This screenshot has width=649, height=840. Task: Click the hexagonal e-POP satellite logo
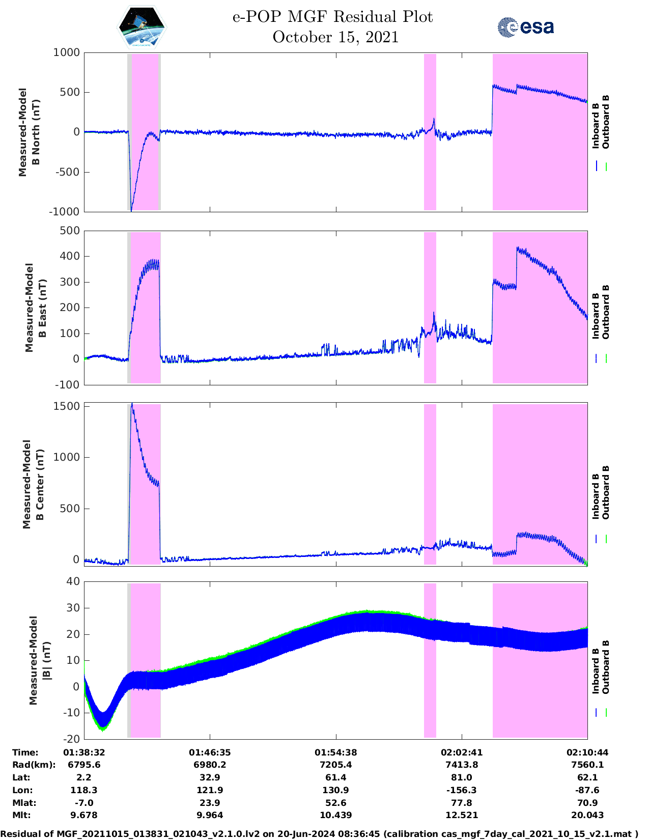point(142,27)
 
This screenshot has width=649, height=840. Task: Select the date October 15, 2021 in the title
point(335,37)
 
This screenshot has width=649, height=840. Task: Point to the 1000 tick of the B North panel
point(67,52)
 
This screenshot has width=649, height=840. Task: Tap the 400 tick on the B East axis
point(70,256)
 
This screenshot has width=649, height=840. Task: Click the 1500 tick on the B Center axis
point(67,406)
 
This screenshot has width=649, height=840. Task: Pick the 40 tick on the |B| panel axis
point(73,581)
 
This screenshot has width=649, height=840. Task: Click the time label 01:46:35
point(210,752)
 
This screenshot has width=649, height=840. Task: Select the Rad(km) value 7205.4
point(335,765)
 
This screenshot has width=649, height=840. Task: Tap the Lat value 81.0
point(462,777)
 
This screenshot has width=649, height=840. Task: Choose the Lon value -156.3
point(462,790)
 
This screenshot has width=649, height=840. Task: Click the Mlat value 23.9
point(210,803)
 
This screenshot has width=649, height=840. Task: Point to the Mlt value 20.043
point(587,815)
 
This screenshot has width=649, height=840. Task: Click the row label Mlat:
point(24,803)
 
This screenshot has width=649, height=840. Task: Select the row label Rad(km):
point(34,765)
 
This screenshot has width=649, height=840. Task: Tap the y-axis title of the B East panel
point(36,307)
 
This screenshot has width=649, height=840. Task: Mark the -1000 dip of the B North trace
point(131,211)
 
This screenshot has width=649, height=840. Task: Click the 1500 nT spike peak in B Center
point(132,404)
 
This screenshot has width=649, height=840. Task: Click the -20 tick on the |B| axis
point(71,739)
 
